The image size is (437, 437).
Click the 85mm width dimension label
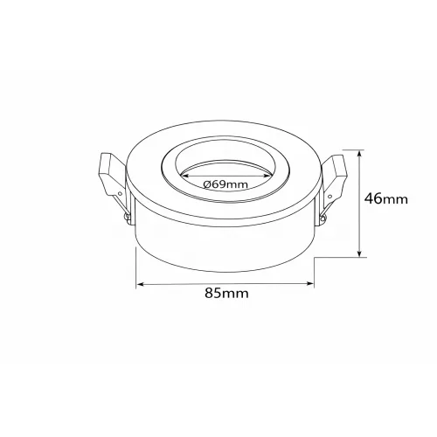pos(226,293)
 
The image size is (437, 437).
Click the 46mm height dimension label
pos(386,199)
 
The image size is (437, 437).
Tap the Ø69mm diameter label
pos(225,184)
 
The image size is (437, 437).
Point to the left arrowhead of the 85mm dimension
pos(141,284)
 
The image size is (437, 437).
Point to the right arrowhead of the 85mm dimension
pos(309,283)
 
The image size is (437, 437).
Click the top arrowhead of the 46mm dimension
pos(361,155)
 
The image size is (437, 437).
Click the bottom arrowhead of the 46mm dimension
pos(360,253)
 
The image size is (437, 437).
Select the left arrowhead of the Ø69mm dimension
pos(185,176)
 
